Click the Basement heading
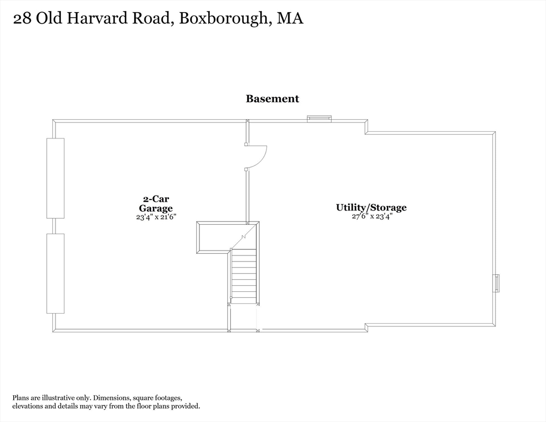pyautogui.click(x=272, y=99)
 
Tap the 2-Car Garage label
pyautogui.click(x=155, y=203)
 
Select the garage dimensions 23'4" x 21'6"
pyautogui.click(x=155, y=216)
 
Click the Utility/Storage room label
pyautogui.click(x=371, y=207)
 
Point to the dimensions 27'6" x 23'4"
pyautogui.click(x=372, y=216)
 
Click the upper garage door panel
pyautogui.click(x=55, y=177)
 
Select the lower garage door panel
pyautogui.click(x=55, y=273)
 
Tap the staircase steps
pyautogui.click(x=243, y=275)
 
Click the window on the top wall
pyautogui.click(x=319, y=118)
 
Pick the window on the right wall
pyautogui.click(x=497, y=282)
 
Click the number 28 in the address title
pyautogui.click(x=22, y=19)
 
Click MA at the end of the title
pyautogui.click(x=290, y=19)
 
